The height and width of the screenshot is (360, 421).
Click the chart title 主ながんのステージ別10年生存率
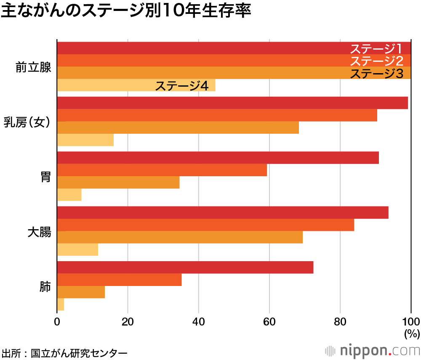coord(126,11)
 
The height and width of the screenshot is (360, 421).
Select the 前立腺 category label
coord(33,67)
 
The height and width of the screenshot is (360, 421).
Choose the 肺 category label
coord(45,287)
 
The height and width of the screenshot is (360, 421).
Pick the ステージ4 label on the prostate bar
coord(182,86)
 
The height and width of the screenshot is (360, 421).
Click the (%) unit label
coord(412,334)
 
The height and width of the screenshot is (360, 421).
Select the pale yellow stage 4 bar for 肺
coord(61,304)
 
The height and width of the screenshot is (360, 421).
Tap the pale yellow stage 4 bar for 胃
coord(69,195)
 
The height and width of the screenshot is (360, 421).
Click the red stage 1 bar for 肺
coord(185,267)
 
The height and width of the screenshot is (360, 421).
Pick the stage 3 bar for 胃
coord(118,183)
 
